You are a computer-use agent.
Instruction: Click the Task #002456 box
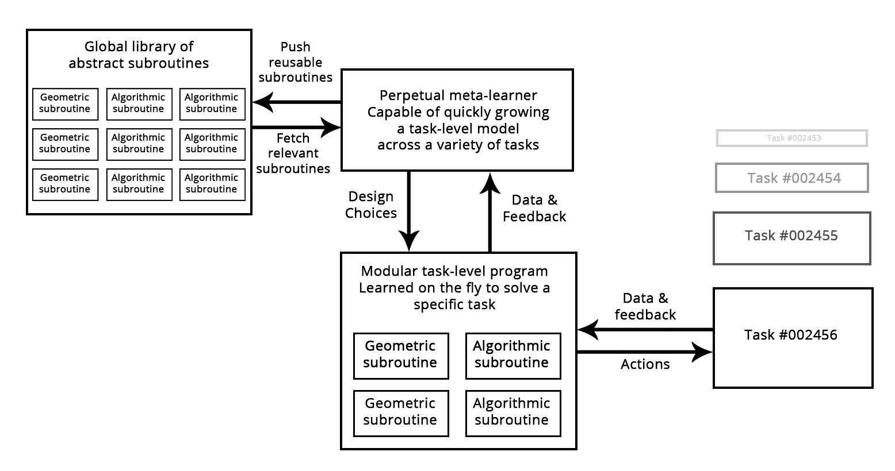point(793,338)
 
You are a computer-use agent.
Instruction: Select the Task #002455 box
point(791,238)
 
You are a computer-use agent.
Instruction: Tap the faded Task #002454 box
point(792,178)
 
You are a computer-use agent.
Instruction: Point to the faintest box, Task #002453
point(792,138)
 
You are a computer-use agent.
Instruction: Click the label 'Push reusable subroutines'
point(295,62)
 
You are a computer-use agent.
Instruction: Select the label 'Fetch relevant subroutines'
point(293,153)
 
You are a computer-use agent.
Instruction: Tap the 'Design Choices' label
point(371,205)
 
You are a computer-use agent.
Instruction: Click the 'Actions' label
point(645,364)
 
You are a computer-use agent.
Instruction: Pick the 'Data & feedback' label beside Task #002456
point(645,307)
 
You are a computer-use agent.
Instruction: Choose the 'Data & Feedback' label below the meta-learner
point(534,208)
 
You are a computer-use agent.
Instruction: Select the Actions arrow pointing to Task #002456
point(645,352)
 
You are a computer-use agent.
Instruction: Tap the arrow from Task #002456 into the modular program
point(645,330)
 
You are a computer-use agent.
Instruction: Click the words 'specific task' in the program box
point(454,304)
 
